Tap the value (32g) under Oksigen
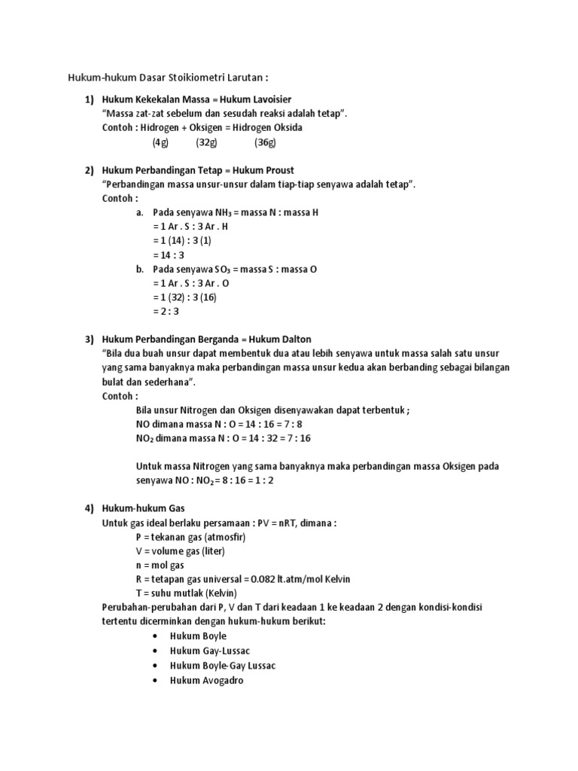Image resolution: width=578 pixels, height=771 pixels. point(205,142)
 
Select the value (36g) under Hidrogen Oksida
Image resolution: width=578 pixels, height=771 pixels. point(266,142)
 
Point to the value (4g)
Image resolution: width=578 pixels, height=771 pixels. point(160,142)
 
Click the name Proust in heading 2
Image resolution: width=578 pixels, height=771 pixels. point(278,170)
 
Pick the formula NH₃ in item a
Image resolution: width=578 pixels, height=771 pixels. point(207,213)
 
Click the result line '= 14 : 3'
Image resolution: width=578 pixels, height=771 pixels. point(168,255)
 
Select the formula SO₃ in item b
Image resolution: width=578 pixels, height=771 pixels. point(207,269)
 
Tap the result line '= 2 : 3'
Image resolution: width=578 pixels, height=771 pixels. point(166,311)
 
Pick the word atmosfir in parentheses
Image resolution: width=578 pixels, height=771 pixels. point(221,538)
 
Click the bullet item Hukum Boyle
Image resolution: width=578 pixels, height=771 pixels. point(198,636)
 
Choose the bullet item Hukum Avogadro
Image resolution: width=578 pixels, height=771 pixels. point(207,680)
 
